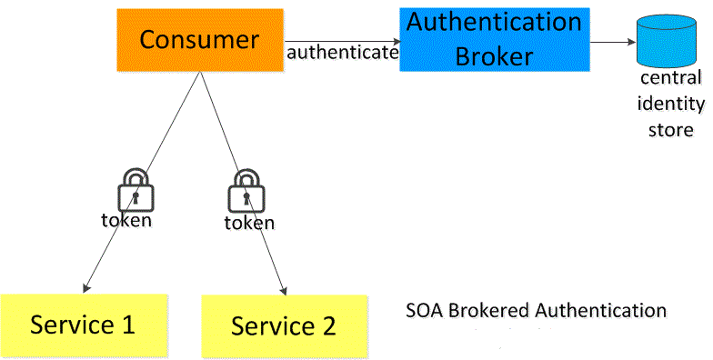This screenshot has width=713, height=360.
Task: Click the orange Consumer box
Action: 199,40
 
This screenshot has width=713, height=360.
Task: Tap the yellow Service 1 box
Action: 83,324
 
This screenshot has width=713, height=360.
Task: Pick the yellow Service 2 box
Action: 283,325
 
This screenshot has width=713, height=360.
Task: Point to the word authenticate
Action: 342,53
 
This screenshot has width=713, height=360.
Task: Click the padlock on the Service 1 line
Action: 136,192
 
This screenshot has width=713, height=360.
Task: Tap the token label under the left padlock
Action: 126,220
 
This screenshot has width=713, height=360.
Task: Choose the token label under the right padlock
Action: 249,223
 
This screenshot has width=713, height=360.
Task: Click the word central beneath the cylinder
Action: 670,79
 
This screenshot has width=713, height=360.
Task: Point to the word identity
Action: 670,104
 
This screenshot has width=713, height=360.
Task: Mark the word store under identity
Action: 670,129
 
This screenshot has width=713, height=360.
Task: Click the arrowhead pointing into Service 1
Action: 84,288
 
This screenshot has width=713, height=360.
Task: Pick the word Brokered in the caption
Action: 489,311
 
